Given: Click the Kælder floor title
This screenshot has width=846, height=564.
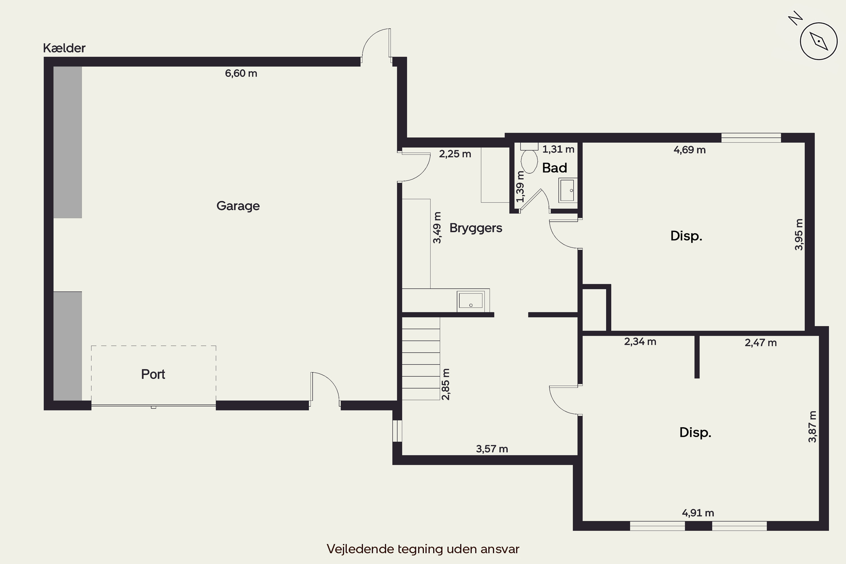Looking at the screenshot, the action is [x=64, y=48].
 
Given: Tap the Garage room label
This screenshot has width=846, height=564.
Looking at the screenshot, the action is [x=238, y=206].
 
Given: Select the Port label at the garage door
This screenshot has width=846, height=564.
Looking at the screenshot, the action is [x=153, y=374].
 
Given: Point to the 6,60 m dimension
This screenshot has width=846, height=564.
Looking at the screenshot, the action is [x=241, y=73].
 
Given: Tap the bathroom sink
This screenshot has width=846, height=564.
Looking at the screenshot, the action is [x=568, y=190].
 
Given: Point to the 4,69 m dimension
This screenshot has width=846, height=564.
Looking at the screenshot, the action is [x=689, y=150].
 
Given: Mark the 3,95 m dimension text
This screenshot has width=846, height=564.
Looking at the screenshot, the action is [x=799, y=235].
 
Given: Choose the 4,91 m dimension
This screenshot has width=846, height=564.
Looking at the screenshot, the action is [x=698, y=513].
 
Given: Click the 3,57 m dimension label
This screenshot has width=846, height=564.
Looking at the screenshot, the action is [x=492, y=449].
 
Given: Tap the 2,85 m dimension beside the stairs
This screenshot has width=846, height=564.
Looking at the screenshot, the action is [x=445, y=384].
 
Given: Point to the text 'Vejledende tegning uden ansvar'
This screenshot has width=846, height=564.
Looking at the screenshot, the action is [x=423, y=549].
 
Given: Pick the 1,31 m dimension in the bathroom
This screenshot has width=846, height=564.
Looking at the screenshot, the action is [x=558, y=149].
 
